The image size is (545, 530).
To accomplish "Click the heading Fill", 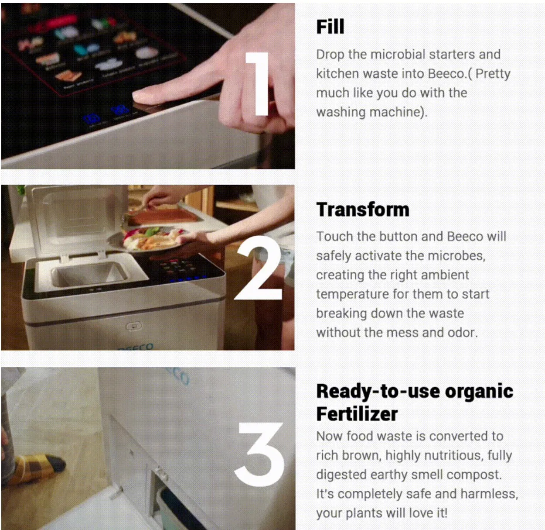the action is [330, 27].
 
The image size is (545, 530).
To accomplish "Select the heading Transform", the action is [363, 210].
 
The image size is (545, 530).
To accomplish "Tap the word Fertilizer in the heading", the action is [357, 414].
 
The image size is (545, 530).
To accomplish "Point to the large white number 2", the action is [258, 268].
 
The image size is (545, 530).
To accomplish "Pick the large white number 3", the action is [259, 454].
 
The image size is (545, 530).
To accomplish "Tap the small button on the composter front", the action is [134, 326].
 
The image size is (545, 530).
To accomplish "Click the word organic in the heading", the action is [479, 392].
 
